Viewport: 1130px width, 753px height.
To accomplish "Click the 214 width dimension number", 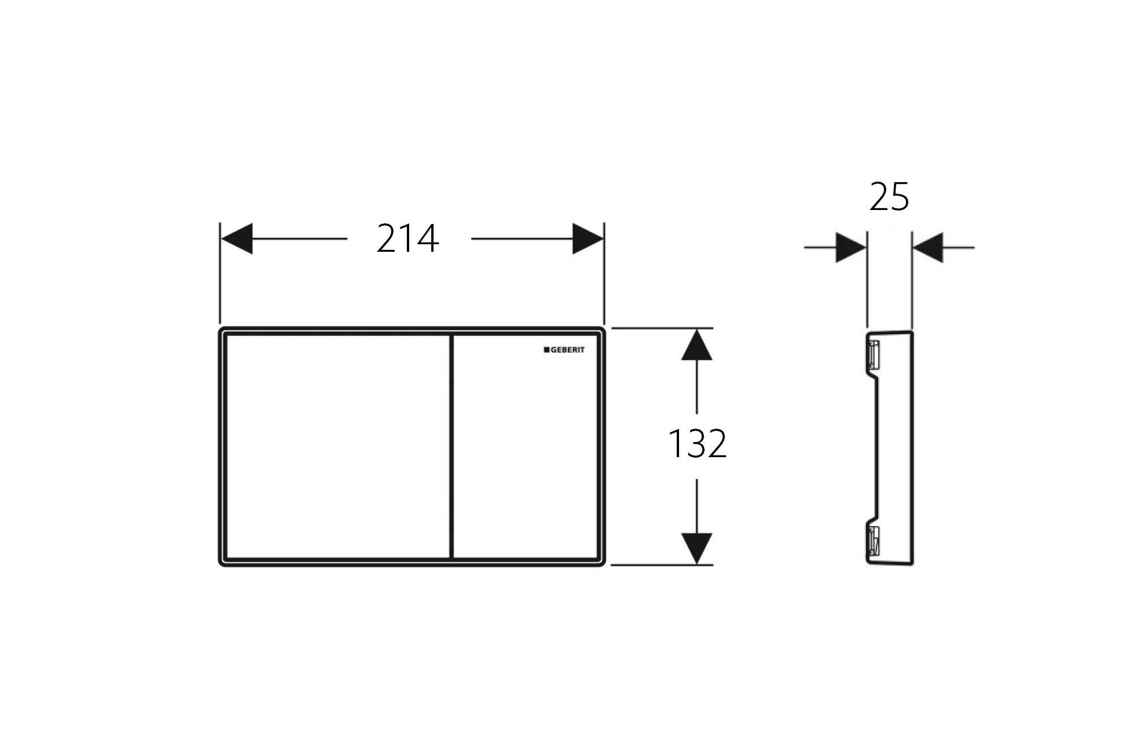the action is [407, 238].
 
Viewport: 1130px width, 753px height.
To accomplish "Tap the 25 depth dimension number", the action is [889, 197].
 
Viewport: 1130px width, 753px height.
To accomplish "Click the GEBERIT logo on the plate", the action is [564, 350].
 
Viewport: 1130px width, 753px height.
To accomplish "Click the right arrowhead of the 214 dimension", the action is [588, 238].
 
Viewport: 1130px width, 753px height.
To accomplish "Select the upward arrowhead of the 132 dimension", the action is [696, 345].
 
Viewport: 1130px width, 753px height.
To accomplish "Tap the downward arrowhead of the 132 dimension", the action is [696, 548].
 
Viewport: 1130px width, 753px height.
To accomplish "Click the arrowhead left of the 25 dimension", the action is [851, 248].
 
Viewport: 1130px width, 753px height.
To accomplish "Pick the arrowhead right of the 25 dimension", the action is [927, 248].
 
